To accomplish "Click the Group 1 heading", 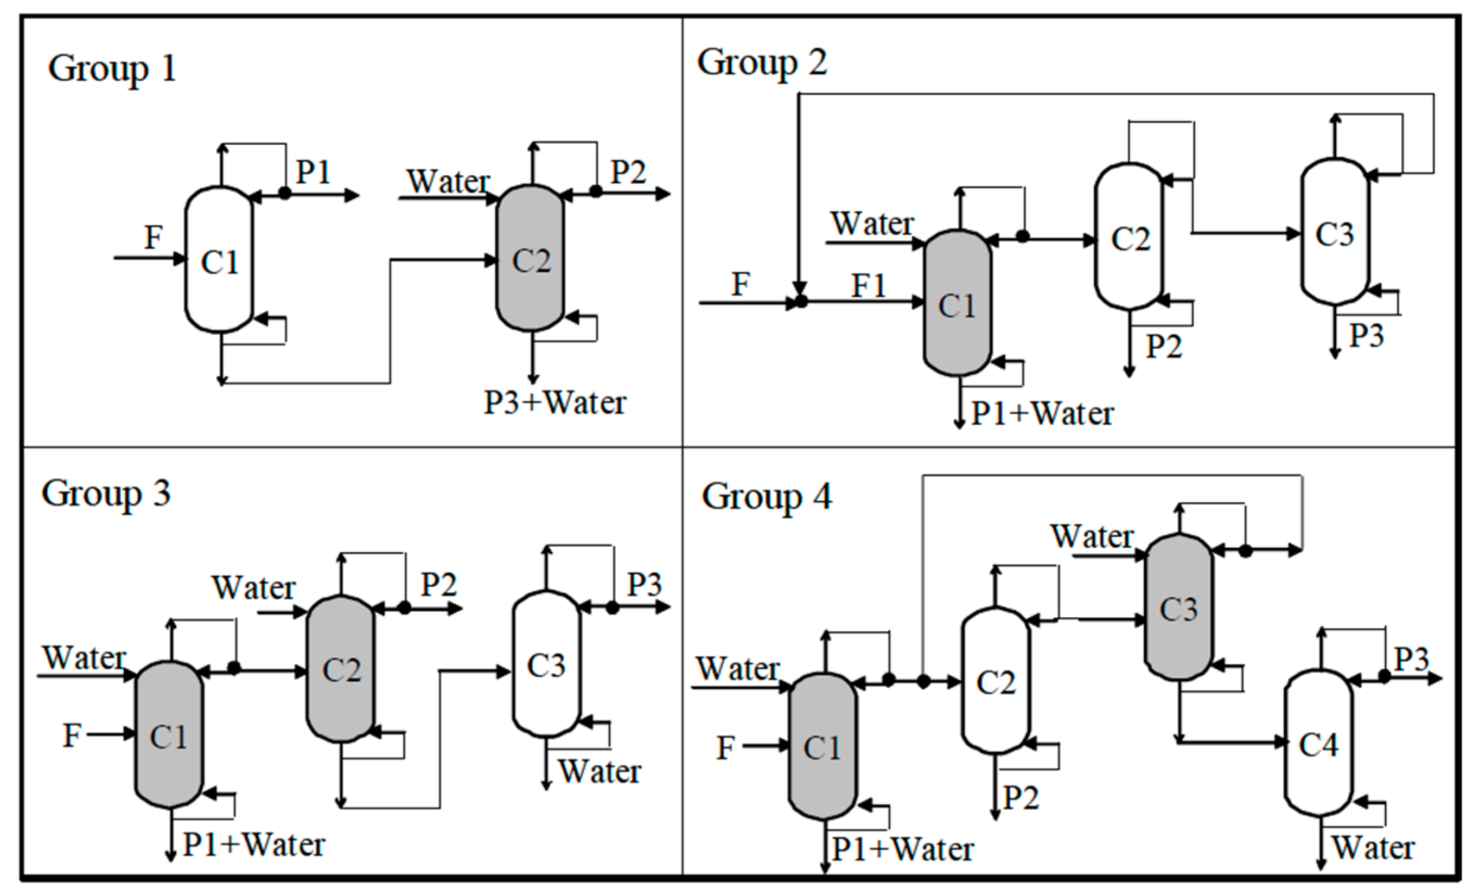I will (x=112, y=69).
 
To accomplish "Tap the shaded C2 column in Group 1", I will (x=530, y=258).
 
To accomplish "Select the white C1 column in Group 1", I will (x=219, y=260).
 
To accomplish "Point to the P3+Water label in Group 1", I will (x=555, y=403).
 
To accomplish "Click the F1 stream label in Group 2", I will (x=868, y=286).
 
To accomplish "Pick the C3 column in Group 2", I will (x=1334, y=233).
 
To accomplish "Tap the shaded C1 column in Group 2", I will (x=957, y=304).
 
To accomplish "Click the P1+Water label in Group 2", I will (x=1043, y=414).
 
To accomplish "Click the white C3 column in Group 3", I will (x=546, y=664).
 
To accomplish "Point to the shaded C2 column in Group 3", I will (x=341, y=669).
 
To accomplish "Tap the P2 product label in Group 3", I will (x=439, y=585).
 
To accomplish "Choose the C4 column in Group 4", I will (x=1318, y=745).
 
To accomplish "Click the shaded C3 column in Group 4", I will (x=1178, y=609).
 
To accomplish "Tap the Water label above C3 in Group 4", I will (x=1092, y=536).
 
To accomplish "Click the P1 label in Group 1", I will (x=313, y=172).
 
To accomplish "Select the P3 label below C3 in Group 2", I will (x=1367, y=335).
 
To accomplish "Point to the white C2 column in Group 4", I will (x=996, y=681).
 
